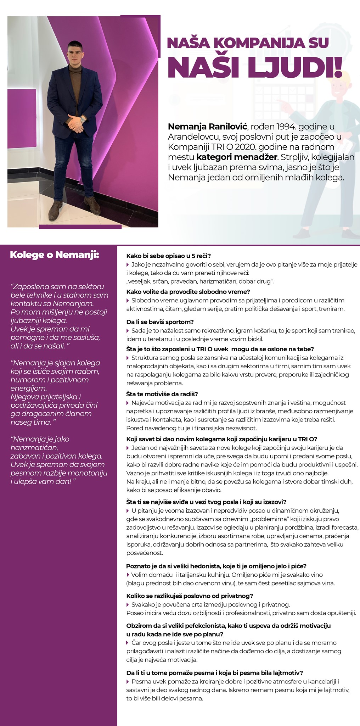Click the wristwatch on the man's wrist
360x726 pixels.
click(83, 120)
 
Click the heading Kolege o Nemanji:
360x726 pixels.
click(54, 255)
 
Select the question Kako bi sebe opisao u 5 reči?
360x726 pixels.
click(168, 256)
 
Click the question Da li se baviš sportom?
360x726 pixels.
click(160, 322)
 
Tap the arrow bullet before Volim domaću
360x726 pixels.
click(128, 575)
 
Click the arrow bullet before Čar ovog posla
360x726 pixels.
click(128, 643)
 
